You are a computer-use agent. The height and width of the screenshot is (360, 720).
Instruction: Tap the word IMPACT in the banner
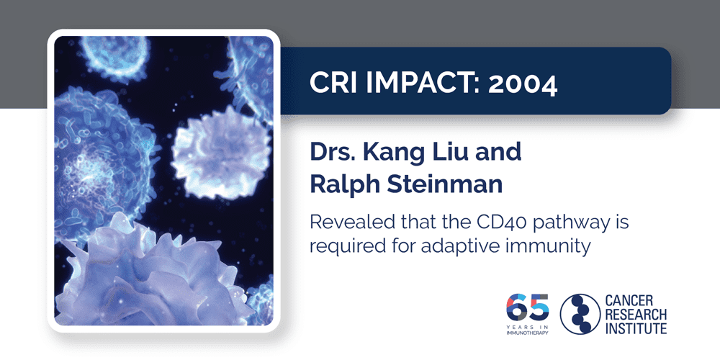pos(418,84)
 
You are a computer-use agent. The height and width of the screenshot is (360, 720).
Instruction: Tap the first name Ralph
pos(343,184)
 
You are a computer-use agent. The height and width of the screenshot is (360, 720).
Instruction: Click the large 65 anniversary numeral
pos(528,308)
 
